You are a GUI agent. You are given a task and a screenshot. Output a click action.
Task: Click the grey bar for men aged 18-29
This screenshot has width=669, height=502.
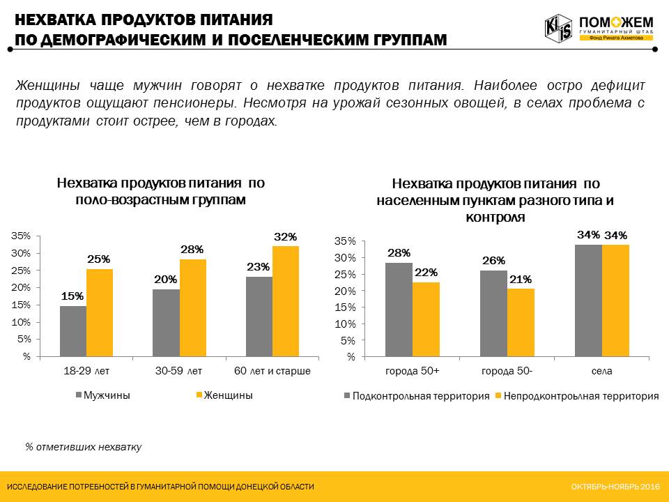(x=73, y=331)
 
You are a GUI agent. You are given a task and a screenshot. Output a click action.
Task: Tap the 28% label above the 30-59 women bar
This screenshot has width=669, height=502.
(x=192, y=250)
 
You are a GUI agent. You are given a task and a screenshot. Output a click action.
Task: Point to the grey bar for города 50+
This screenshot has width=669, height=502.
(x=399, y=310)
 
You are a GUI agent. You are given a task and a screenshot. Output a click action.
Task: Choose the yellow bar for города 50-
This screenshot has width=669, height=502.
(x=521, y=323)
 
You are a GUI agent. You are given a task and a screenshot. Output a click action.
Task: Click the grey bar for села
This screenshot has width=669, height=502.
(x=589, y=301)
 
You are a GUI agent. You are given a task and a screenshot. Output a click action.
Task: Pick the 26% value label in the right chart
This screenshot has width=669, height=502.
(x=493, y=261)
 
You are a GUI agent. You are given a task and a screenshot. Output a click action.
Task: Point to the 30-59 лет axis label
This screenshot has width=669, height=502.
(x=179, y=371)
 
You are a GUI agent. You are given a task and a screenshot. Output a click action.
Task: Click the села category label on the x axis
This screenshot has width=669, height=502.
(x=601, y=371)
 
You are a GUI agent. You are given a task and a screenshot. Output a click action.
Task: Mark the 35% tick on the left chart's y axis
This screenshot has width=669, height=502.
(x=22, y=236)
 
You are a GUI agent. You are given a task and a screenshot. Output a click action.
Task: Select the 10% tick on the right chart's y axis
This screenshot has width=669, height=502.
(x=346, y=324)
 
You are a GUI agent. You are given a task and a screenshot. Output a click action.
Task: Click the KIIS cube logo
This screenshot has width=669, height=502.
(x=558, y=27)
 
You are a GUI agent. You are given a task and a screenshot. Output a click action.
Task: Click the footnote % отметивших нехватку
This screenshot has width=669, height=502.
(x=83, y=447)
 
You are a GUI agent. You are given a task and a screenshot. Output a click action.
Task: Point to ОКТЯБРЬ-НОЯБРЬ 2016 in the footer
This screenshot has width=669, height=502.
(x=615, y=486)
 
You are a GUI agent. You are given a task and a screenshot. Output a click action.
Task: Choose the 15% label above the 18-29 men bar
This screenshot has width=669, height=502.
(x=73, y=296)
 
